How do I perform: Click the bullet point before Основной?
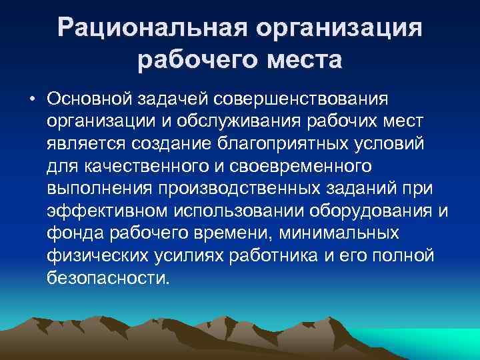tap(32, 99)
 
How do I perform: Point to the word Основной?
tap(89, 99)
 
